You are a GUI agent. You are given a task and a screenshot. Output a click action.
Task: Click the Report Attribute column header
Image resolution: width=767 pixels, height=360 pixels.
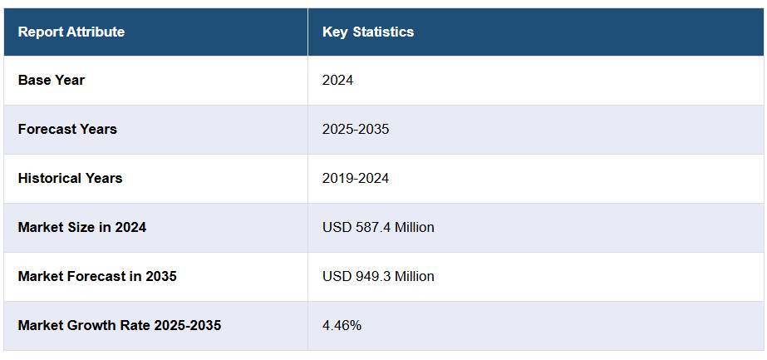(71, 32)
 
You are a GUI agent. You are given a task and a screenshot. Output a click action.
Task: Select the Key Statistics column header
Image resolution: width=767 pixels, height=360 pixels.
(368, 32)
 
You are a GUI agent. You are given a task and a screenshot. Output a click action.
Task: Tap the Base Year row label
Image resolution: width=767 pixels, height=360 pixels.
(52, 80)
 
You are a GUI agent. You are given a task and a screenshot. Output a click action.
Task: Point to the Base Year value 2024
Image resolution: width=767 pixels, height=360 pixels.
(338, 80)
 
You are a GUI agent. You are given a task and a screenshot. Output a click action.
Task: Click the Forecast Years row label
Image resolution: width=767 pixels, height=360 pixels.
(67, 129)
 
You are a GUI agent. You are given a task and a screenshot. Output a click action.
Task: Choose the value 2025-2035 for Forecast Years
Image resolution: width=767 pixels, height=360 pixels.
(356, 129)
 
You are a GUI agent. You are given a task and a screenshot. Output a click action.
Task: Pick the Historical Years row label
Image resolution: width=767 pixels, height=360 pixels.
(70, 178)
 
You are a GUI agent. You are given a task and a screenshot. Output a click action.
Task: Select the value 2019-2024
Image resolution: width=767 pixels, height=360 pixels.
(356, 178)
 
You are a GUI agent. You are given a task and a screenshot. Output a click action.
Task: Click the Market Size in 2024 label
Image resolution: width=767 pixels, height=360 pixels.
(82, 227)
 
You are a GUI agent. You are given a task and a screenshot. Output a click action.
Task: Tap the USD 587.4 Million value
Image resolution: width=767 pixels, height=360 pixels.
(378, 227)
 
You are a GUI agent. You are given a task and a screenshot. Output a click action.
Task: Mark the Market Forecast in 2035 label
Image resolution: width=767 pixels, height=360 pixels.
(97, 276)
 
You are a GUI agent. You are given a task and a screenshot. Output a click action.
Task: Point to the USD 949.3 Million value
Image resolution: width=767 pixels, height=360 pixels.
(378, 276)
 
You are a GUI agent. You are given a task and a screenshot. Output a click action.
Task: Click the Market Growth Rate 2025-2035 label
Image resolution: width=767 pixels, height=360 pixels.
(120, 325)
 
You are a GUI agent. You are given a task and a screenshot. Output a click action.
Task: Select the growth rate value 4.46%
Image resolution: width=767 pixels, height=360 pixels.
(342, 325)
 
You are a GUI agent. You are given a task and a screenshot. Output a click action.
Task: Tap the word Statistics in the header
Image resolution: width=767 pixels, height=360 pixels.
(383, 32)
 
